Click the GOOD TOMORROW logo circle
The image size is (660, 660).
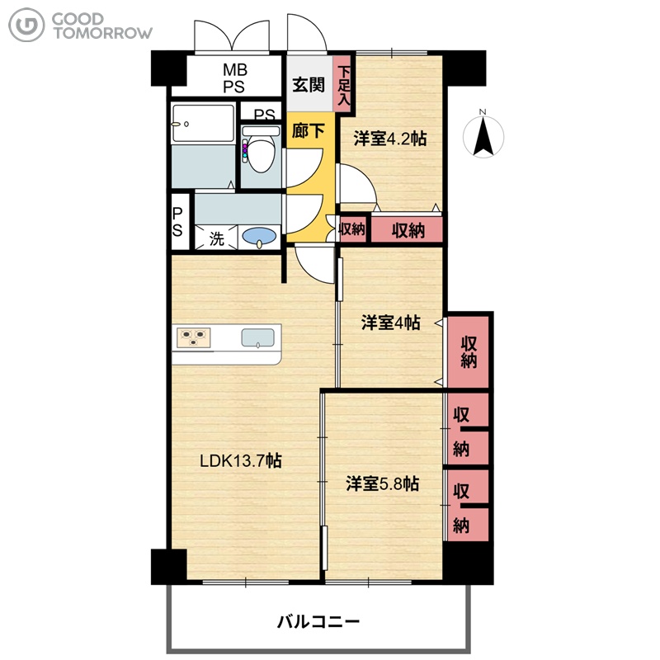[26, 26]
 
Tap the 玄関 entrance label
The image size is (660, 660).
[309, 85]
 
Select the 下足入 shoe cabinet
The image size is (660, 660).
[344, 84]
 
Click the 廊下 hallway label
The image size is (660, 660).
[308, 131]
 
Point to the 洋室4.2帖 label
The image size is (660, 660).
[389, 138]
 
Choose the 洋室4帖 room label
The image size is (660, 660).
[390, 323]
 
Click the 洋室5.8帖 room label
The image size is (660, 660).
[382, 483]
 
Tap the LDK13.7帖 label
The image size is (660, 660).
[240, 460]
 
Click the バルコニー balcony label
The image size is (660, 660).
[318, 621]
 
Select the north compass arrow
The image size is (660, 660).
[483, 135]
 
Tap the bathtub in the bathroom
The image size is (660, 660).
[203, 123]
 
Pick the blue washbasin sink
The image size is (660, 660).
[259, 236]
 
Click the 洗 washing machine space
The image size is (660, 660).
[216, 238]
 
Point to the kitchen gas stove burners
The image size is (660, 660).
[194, 337]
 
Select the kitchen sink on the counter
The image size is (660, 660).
[257, 338]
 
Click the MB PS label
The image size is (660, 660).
[234, 78]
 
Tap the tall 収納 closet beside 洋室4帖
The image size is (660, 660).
[468, 352]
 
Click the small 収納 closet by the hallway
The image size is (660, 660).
[352, 229]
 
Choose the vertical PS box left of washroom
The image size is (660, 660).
[177, 221]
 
